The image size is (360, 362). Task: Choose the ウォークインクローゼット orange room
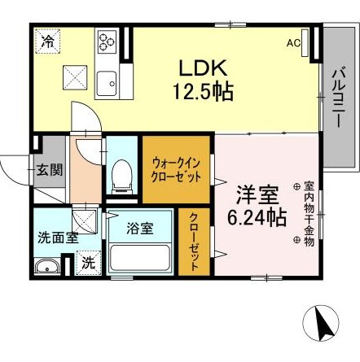177,169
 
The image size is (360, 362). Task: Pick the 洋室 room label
258,195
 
